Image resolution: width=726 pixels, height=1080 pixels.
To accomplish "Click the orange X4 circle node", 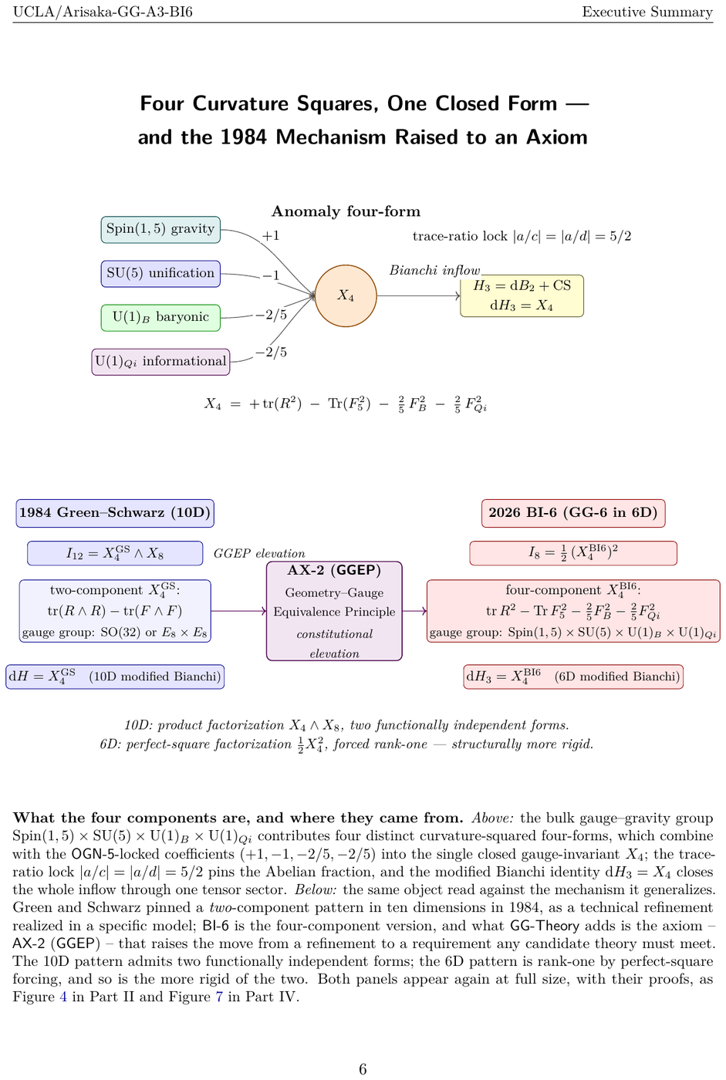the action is (345, 295).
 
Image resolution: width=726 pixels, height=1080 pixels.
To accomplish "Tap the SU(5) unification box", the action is (160, 274).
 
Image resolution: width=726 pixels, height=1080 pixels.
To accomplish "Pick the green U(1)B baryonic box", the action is (160, 318).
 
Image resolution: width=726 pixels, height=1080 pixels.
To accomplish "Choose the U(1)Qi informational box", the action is (160, 362).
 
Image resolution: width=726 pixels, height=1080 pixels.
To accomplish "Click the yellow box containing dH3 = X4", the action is (522, 295).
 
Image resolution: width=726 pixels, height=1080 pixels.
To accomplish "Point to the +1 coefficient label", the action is (271, 236).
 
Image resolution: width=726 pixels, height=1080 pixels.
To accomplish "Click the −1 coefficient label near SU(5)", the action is (271, 275).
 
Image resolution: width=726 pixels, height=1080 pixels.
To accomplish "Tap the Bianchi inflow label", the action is (434, 270).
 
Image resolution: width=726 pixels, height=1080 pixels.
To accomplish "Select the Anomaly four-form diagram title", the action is (346, 211).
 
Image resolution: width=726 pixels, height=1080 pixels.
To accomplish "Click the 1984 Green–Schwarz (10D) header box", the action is (115, 513).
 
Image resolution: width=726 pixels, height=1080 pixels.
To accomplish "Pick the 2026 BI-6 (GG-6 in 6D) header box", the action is (573, 513).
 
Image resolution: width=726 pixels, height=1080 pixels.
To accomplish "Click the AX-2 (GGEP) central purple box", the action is (334, 611).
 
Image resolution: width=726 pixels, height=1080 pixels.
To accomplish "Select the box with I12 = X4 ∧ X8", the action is (115, 553).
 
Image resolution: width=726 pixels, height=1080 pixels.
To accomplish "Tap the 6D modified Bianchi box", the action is (573, 677).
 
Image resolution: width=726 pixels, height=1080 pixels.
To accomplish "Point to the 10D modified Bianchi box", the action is (115, 677).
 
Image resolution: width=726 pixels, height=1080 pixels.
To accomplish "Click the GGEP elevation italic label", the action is (259, 554).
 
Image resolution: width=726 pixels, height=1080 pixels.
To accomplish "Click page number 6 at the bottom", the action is (363, 1069).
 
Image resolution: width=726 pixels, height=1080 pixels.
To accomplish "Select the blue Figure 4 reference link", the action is (63, 996).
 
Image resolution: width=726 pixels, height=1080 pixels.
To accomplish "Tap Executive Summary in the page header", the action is (647, 12).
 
